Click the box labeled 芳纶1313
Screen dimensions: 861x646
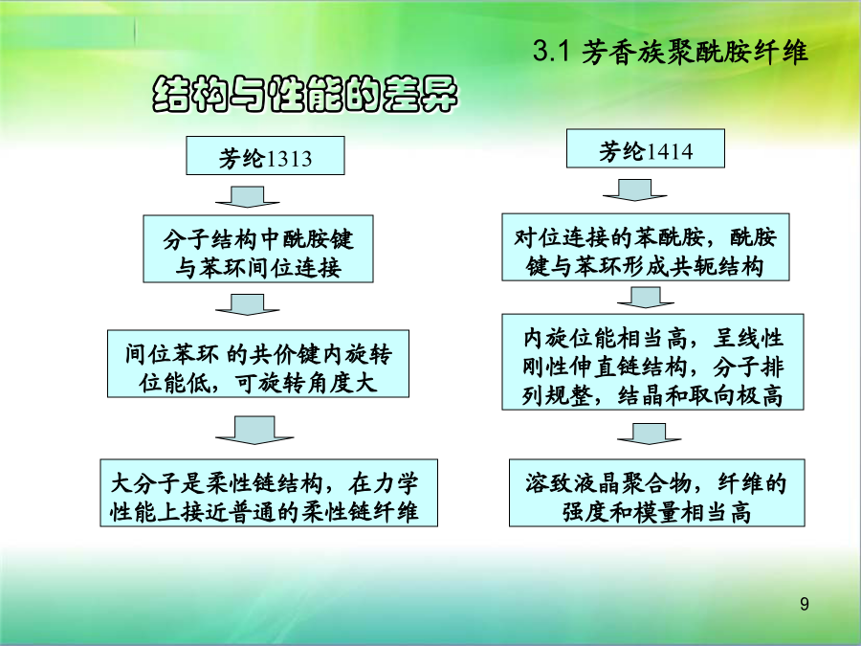click(x=265, y=155)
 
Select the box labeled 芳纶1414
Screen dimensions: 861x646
click(x=645, y=148)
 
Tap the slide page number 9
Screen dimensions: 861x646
click(x=805, y=604)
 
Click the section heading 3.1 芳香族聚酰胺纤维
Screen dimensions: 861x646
click(x=670, y=53)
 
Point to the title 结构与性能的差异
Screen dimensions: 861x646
click(x=305, y=95)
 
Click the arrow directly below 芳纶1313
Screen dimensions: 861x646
click(x=247, y=196)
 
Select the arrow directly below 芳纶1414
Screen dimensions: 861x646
click(x=635, y=189)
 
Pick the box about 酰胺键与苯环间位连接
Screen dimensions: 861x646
click(x=258, y=249)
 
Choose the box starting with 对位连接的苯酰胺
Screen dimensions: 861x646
click(x=645, y=247)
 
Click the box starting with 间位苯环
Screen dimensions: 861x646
click(x=258, y=364)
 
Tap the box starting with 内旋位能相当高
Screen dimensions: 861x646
click(x=652, y=362)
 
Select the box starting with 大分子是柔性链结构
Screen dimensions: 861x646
click(x=269, y=493)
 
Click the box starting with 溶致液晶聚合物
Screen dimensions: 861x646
click(x=656, y=493)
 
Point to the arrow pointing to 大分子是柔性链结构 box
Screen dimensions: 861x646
click(x=254, y=430)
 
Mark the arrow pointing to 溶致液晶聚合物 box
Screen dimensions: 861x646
click(x=649, y=434)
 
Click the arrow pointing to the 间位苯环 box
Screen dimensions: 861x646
click(x=247, y=304)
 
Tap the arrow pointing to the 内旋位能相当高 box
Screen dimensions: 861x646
click(x=645, y=298)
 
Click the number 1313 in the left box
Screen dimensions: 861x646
click(x=289, y=159)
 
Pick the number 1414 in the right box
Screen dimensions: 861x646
click(x=670, y=151)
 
